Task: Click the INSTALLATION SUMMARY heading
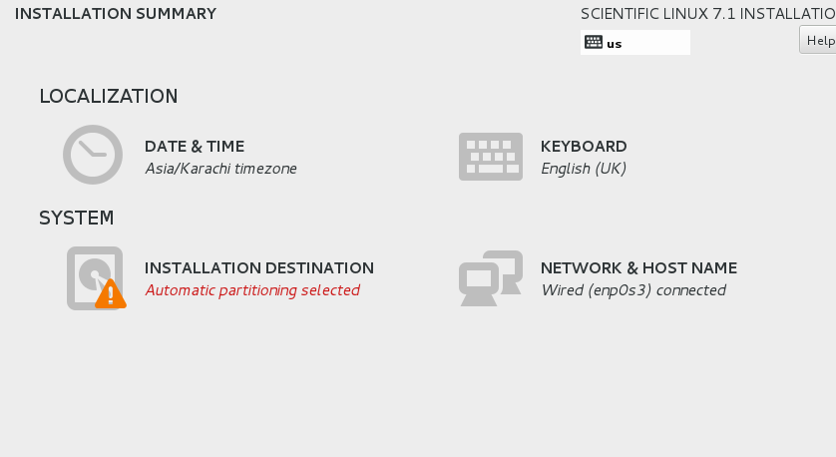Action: coord(116,13)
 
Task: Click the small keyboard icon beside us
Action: coord(594,42)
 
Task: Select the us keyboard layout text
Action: coord(615,44)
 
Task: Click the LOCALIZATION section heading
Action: coord(109,96)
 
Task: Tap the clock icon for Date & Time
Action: coord(93,155)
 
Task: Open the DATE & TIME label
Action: coord(195,146)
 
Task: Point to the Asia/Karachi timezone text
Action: coord(220,169)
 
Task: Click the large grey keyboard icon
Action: coord(491,157)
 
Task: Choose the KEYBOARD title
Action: coord(584,146)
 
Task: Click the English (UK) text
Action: coord(584,169)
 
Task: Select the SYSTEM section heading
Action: coord(76,218)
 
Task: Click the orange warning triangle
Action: coord(111,293)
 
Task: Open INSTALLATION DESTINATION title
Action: coord(259,267)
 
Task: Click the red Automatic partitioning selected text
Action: coord(252,290)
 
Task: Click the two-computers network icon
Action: coord(491,278)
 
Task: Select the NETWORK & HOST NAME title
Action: coord(638,267)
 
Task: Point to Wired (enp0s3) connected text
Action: coord(633,290)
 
